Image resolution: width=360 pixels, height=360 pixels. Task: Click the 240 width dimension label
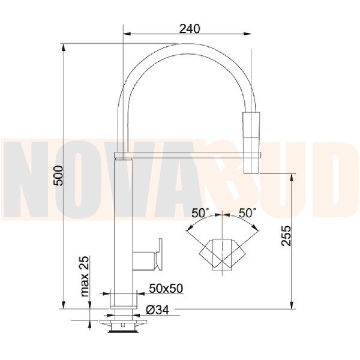190,29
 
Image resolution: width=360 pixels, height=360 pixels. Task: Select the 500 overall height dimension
58,176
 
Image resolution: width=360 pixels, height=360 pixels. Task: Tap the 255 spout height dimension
286,236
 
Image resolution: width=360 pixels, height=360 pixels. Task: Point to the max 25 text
85,276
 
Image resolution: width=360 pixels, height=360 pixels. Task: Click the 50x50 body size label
166,289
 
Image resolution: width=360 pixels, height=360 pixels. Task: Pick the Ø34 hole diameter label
157,310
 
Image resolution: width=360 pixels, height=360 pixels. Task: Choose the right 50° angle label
247,213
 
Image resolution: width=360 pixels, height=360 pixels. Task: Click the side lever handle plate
159,254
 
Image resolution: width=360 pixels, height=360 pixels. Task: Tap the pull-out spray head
251,143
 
